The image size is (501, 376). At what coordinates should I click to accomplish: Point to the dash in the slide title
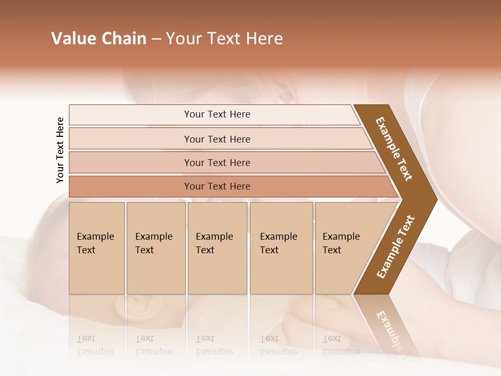tap(156, 39)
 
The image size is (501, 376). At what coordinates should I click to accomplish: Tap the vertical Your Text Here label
tap(60, 150)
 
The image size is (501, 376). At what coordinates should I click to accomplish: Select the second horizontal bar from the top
tap(217, 139)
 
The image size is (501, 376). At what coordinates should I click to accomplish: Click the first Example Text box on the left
tap(97, 248)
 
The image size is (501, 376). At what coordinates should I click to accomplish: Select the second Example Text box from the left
tap(156, 248)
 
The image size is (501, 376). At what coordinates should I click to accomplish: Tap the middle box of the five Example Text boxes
tap(217, 248)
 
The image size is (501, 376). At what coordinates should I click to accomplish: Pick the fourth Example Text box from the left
tap(281, 248)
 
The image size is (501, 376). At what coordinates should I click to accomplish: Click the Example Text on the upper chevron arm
tap(394, 149)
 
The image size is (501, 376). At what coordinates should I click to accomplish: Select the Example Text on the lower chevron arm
tap(396, 247)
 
